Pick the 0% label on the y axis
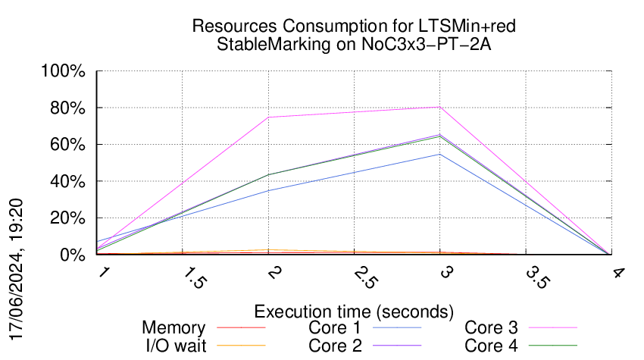(x=74, y=255)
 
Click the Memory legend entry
(x=174, y=328)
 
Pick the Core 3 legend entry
(x=491, y=328)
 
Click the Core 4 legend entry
(x=491, y=346)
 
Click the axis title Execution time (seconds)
(x=354, y=311)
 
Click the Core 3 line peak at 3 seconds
(x=439, y=108)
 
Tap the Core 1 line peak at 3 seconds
(x=439, y=155)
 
